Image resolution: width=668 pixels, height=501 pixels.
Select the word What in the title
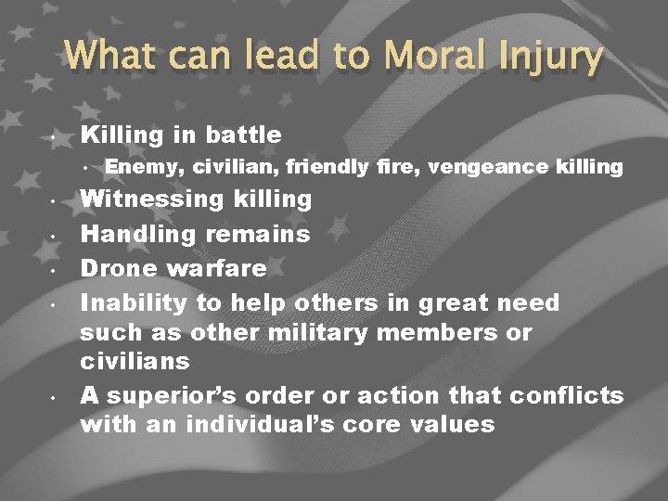(109, 56)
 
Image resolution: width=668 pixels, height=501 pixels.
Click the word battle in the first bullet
(243, 135)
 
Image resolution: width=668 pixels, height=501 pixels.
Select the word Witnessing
(149, 199)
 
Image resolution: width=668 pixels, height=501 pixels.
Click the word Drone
(117, 269)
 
